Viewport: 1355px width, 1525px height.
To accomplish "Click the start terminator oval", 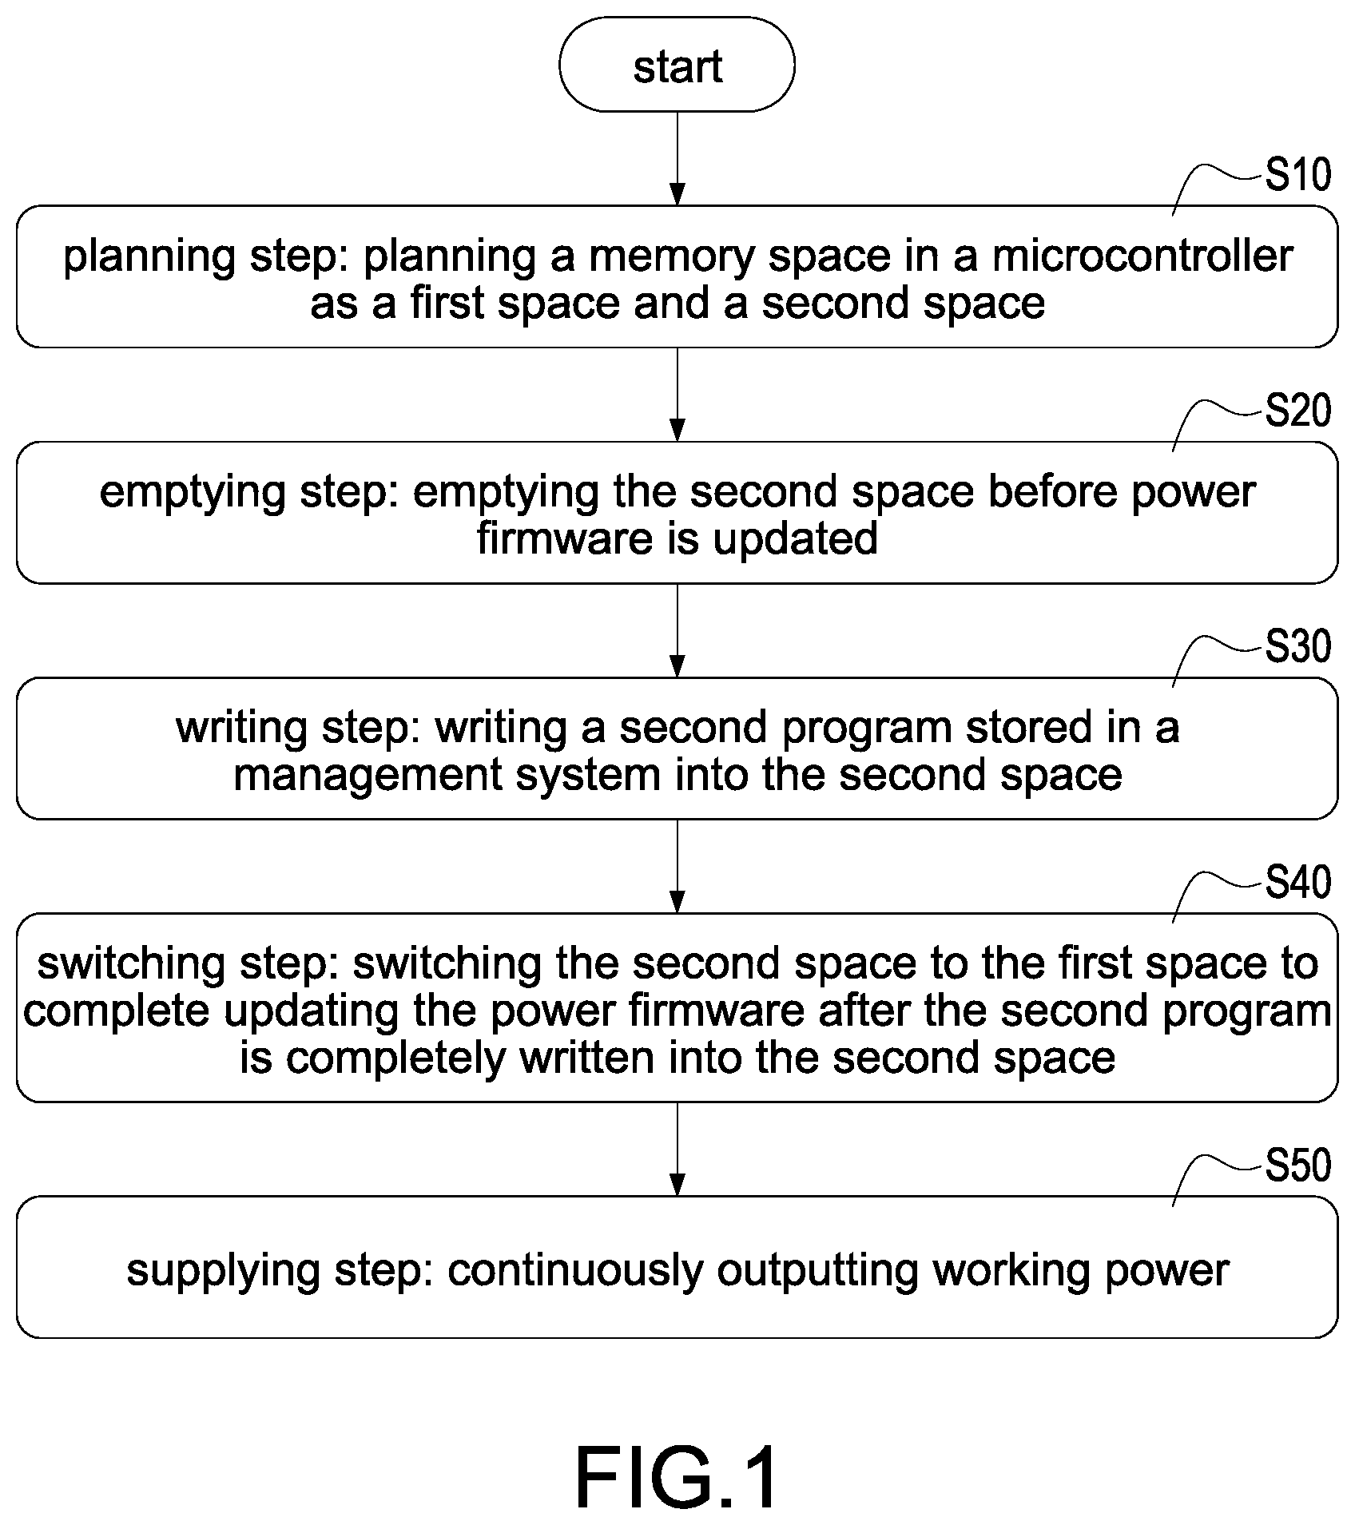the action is (x=677, y=65).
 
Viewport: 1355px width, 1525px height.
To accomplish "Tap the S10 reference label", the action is (x=1297, y=175).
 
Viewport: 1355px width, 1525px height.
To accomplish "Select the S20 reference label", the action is (x=1297, y=411).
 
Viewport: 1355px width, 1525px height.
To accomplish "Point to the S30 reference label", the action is (x=1297, y=646).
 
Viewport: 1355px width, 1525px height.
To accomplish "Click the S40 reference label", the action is (x=1297, y=882).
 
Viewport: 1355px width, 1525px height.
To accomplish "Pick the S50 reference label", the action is (x=1297, y=1165).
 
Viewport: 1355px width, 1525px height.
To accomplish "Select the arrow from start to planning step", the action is (x=677, y=158).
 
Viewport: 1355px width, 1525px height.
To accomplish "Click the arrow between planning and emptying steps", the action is (x=677, y=394).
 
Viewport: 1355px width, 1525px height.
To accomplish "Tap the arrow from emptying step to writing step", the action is (x=677, y=630).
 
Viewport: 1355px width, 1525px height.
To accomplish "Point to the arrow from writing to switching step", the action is (x=677, y=866).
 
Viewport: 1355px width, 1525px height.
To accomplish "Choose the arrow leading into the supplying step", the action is (x=677, y=1149).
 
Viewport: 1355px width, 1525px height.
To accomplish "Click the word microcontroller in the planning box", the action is (x=1142, y=256).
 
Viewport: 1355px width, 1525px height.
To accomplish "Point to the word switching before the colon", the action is (x=131, y=964).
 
